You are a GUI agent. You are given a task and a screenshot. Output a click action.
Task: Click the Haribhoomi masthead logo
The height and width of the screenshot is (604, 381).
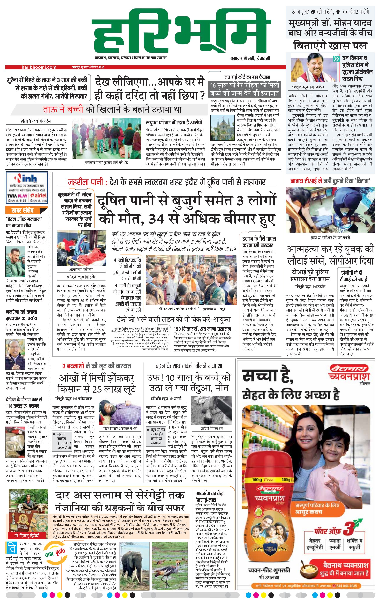[x=181, y=33]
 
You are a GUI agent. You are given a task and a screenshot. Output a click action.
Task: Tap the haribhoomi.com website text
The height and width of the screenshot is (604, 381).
[x=39, y=67]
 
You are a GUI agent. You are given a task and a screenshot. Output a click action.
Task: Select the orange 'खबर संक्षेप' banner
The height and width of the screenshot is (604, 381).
[x=23, y=210]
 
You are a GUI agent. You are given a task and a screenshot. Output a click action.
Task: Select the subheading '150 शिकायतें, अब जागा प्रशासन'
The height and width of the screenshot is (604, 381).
[x=202, y=329]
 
